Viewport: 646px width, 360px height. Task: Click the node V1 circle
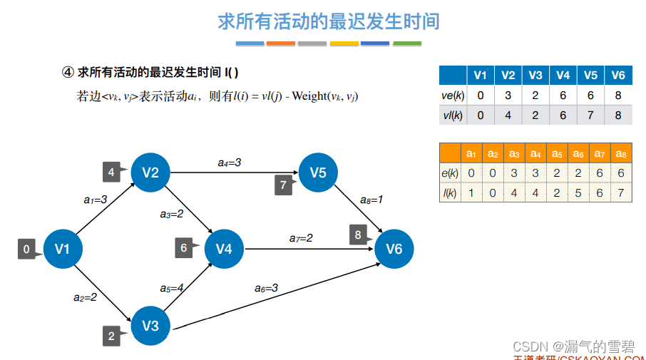pyautogui.click(x=61, y=249)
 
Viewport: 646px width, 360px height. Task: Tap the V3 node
pyautogui.click(x=150, y=326)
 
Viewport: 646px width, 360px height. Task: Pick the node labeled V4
pyautogui.click(x=224, y=248)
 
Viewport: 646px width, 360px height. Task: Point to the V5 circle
pyautogui.click(x=317, y=173)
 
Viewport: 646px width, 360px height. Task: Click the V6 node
pyautogui.click(x=394, y=248)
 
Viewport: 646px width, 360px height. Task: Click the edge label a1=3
pyautogui.click(x=96, y=200)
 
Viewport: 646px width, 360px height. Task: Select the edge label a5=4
pyautogui.click(x=171, y=288)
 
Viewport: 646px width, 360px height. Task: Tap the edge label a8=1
pyautogui.click(x=371, y=200)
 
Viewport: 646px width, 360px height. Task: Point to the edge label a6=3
pyautogui.click(x=266, y=288)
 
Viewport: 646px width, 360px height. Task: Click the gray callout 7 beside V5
pyautogui.click(x=283, y=185)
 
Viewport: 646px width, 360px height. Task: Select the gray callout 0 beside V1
pyautogui.click(x=26, y=250)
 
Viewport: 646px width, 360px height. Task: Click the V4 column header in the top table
pyautogui.click(x=563, y=76)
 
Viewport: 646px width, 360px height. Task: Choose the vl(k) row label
pyautogui.click(x=452, y=115)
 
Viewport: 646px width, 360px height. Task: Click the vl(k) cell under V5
pyautogui.click(x=590, y=115)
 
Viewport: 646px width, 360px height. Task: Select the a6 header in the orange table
pyautogui.click(x=578, y=153)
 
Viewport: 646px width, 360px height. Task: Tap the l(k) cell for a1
pyautogui.click(x=471, y=192)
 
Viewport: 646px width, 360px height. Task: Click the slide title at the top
pyautogui.click(x=329, y=21)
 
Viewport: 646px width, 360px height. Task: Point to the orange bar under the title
pyautogui.click(x=280, y=44)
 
